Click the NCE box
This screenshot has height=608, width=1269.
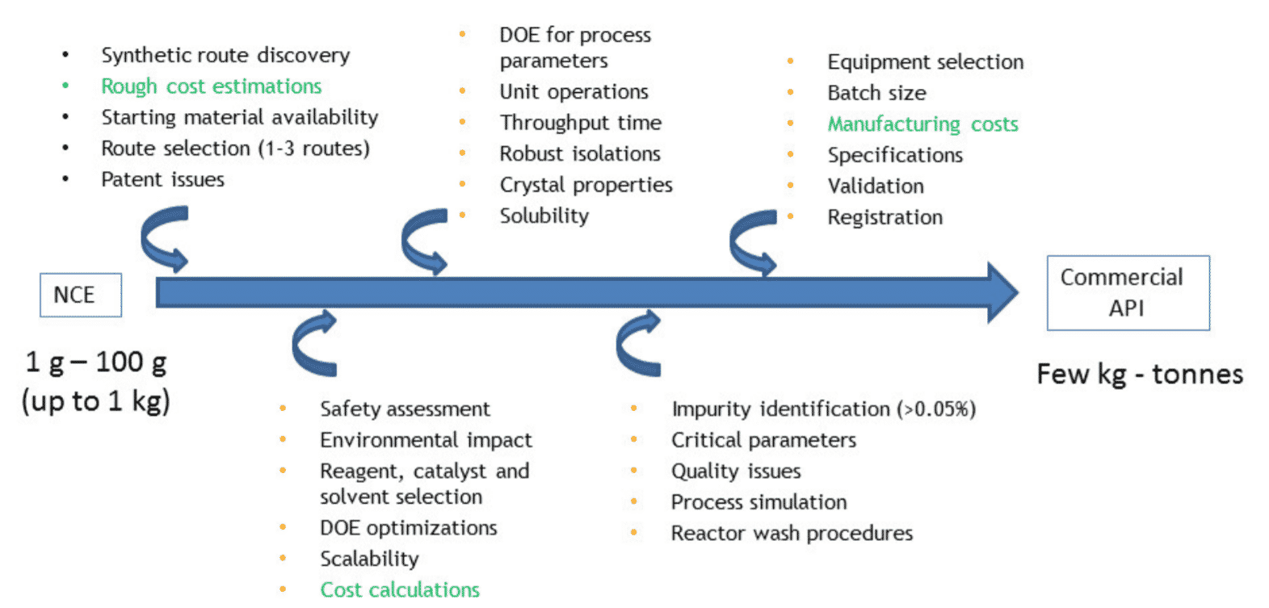tap(81, 295)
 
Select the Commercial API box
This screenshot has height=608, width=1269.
tap(1128, 292)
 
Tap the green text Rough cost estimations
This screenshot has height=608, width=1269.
tap(211, 86)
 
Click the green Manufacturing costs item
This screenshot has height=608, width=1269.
tap(922, 124)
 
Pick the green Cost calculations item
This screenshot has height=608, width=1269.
tap(400, 589)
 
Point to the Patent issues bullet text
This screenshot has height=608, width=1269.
tap(162, 179)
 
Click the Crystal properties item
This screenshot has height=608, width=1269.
tap(586, 185)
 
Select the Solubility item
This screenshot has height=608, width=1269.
tap(544, 216)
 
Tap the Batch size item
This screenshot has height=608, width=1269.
tap(876, 93)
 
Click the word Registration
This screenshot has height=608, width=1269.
tap(885, 217)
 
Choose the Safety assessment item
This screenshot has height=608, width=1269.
tap(405, 409)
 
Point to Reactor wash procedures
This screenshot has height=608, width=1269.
tap(792, 533)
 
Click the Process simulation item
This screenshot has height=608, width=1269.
tap(758, 502)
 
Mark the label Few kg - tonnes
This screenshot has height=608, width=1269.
tap(1140, 374)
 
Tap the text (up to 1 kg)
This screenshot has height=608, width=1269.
tap(95, 401)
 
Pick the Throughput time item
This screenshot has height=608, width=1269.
tap(580, 123)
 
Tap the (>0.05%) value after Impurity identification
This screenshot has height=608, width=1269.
tap(936, 409)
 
